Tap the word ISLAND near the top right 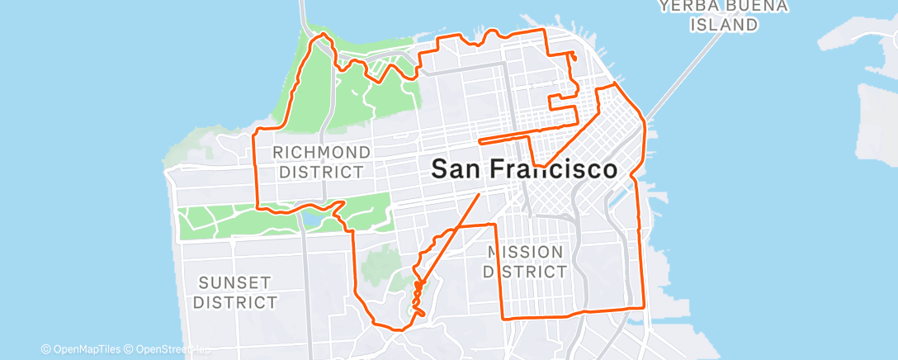(x=725, y=25)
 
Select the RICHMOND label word (x=321, y=153)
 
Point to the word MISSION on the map (x=525, y=252)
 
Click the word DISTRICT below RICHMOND (x=321, y=172)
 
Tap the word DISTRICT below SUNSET (x=236, y=302)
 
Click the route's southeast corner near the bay (x=642, y=306)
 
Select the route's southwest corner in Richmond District (x=261, y=206)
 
